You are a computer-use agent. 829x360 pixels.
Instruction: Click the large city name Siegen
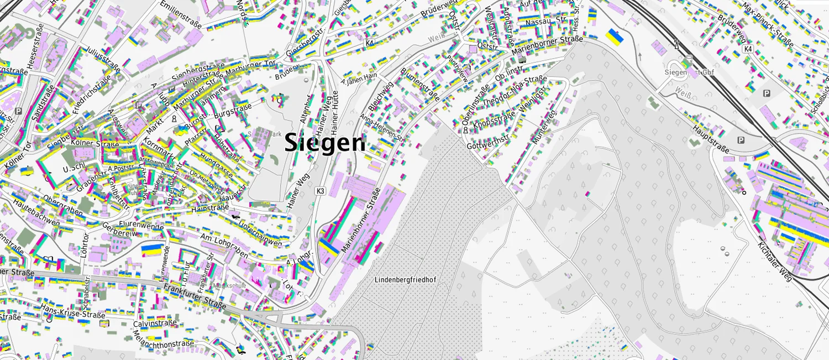[325, 143]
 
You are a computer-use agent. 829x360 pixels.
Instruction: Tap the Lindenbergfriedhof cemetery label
[405, 280]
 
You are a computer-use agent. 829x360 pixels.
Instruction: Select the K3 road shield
[320, 191]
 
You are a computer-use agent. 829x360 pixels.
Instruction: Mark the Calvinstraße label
[155, 323]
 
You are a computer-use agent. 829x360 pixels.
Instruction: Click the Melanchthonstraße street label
[163, 338]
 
